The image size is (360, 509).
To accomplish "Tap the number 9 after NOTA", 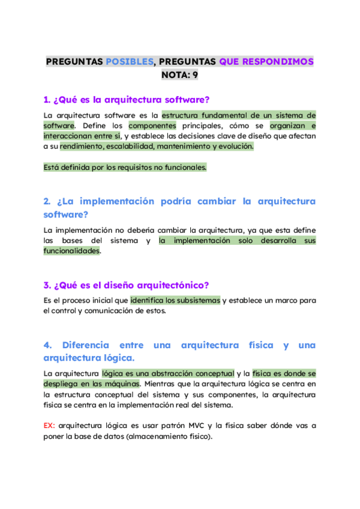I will pyautogui.click(x=195, y=75).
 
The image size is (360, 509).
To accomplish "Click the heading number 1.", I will pyautogui.click(x=47, y=100).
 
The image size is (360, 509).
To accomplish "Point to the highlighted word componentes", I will pyautogui.click(x=152, y=125).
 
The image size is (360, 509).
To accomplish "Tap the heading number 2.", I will pyautogui.click(x=47, y=201).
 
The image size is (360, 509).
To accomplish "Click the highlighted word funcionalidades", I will pyautogui.click(x=71, y=251).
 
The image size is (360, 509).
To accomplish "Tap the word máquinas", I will pyautogui.click(x=122, y=384).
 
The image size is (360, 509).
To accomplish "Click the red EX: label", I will pyautogui.click(x=50, y=426).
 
